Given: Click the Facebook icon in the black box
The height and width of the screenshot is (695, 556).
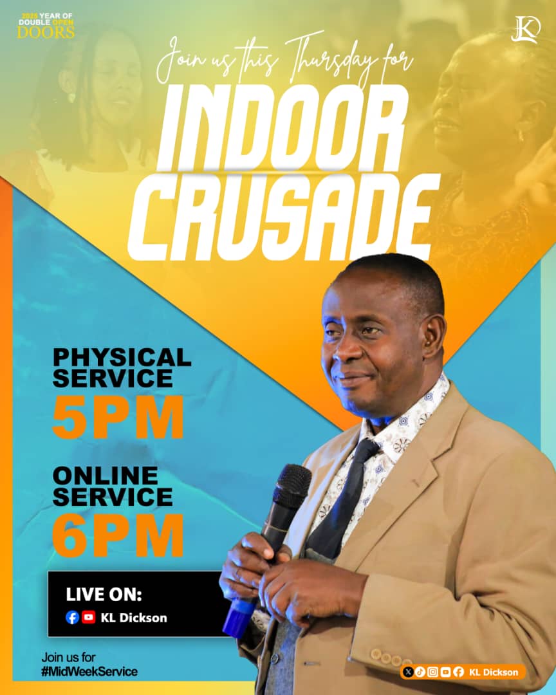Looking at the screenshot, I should pyautogui.click(x=73, y=618).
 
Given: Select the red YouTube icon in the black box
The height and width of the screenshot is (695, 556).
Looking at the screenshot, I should pyautogui.click(x=89, y=618).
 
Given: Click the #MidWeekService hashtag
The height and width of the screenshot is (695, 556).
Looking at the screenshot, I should pyautogui.click(x=89, y=672).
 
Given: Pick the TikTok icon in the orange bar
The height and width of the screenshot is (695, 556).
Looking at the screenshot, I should pyautogui.click(x=420, y=672).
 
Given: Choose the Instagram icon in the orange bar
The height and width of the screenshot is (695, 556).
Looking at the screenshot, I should pyautogui.click(x=433, y=672).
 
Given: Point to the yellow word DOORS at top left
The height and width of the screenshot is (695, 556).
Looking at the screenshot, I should pyautogui.click(x=46, y=32).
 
